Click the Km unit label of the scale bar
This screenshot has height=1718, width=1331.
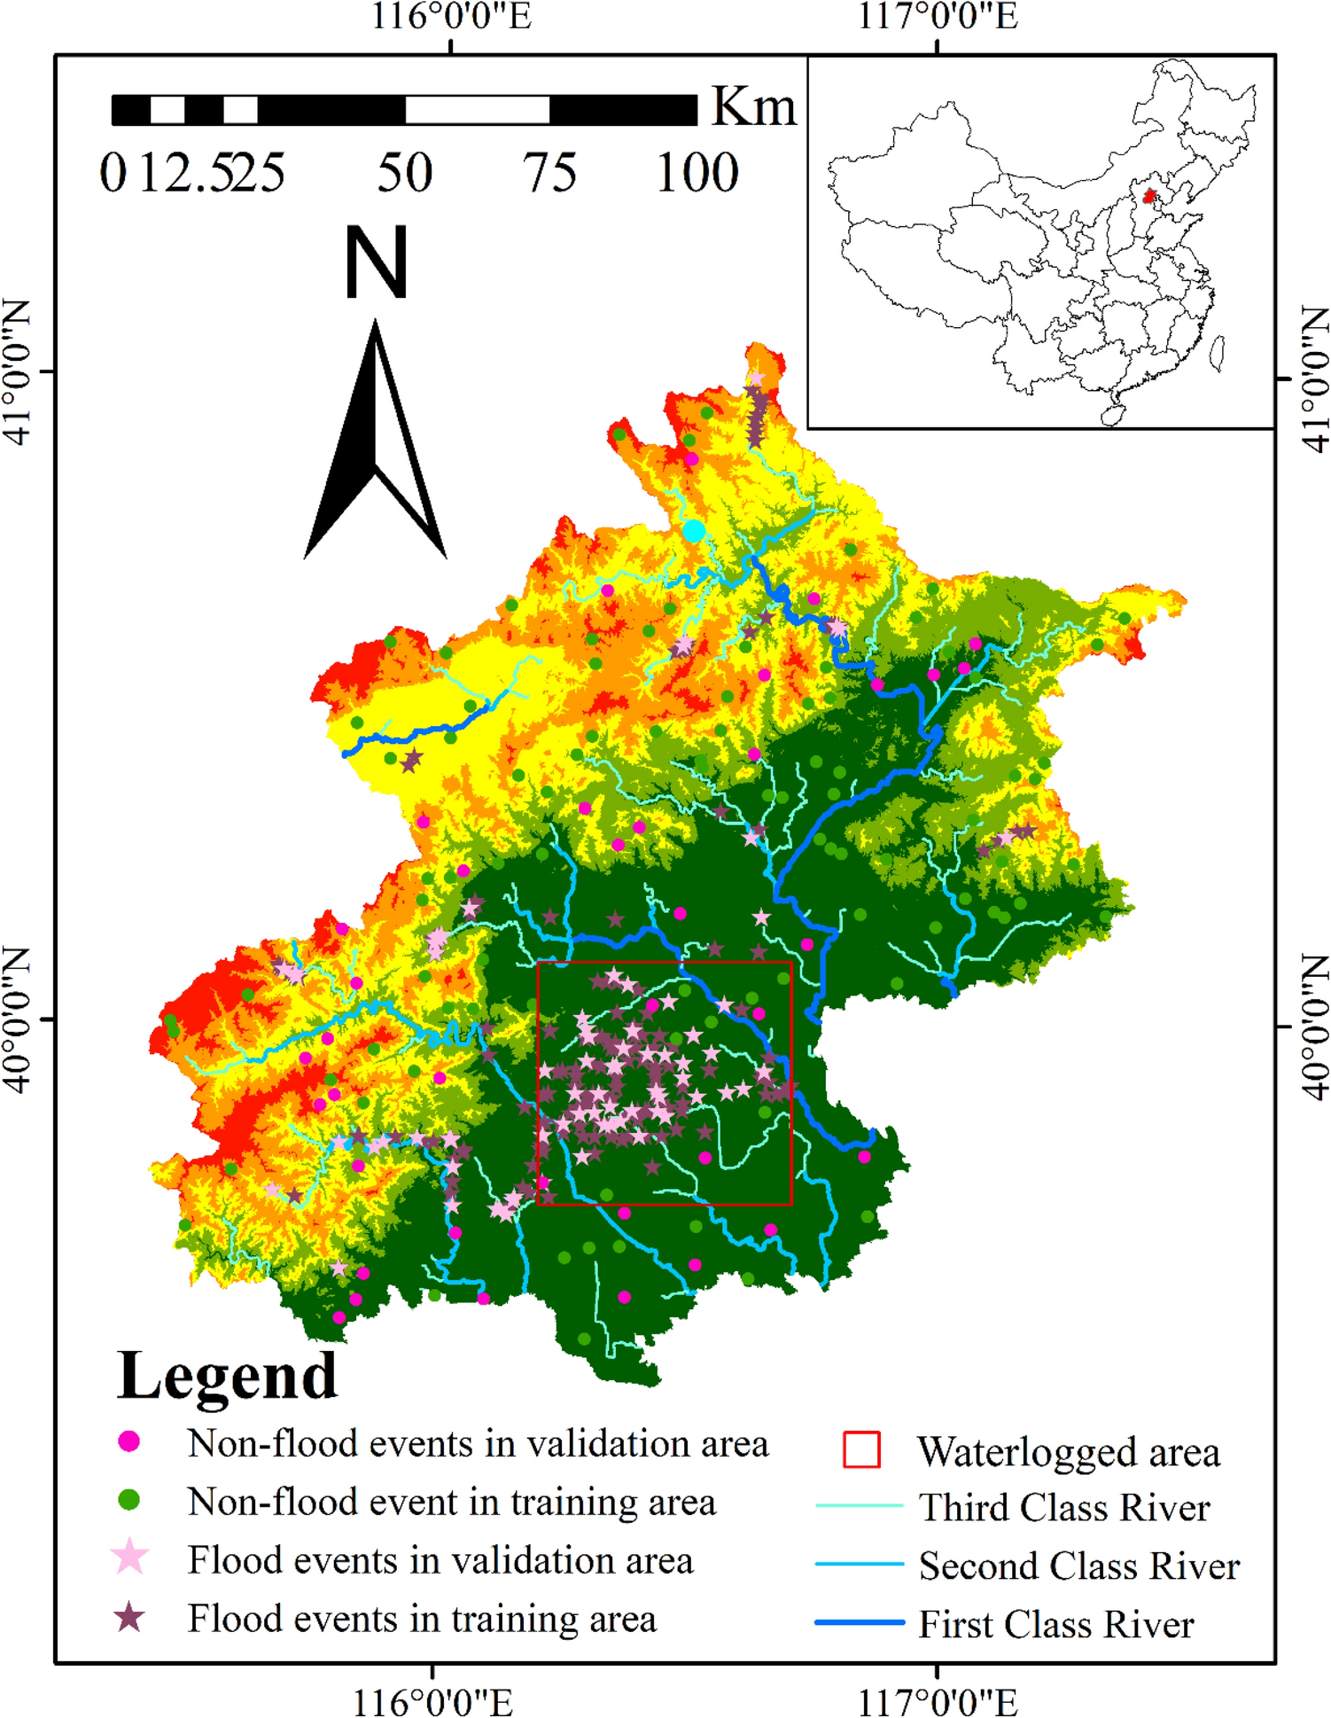click(753, 107)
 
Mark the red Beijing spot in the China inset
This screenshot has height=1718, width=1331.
click(1149, 196)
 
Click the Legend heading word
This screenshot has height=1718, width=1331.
click(227, 1377)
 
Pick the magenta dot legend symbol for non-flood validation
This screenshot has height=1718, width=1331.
click(129, 1441)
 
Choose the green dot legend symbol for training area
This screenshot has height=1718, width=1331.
click(129, 1500)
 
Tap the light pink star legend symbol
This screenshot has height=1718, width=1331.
click(130, 1558)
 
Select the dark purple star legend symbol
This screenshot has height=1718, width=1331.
click(130, 1617)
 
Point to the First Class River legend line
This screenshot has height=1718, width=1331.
click(859, 1622)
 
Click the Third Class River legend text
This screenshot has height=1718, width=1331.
click(1063, 1508)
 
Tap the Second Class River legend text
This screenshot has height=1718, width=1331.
click(1078, 1566)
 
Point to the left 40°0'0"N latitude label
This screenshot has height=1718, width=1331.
click(18, 1019)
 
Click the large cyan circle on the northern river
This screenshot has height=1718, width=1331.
click(694, 531)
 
